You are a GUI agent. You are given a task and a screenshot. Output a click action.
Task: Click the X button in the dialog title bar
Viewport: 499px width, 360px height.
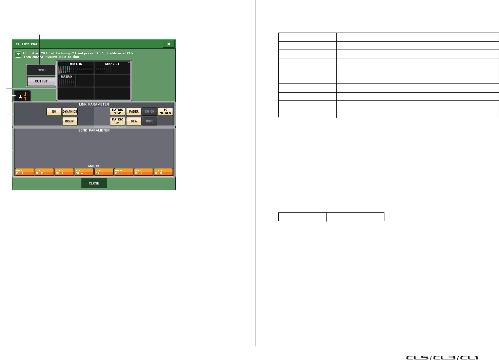(x=168, y=44)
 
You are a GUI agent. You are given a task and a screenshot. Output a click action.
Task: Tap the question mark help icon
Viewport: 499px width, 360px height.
(x=18, y=55)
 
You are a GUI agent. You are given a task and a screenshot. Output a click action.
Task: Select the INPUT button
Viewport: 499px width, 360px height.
(x=41, y=70)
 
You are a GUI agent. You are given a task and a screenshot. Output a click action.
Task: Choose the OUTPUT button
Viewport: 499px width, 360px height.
(x=41, y=81)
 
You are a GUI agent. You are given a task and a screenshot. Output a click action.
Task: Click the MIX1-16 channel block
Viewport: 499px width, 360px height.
(x=76, y=68)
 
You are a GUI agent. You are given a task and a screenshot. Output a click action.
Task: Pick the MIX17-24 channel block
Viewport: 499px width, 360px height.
(x=112, y=68)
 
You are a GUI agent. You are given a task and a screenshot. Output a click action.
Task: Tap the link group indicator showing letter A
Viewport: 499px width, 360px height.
(x=22, y=97)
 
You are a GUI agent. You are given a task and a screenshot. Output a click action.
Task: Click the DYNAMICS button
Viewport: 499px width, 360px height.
(x=70, y=112)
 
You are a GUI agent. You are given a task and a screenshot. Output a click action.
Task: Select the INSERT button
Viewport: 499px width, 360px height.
(x=70, y=121)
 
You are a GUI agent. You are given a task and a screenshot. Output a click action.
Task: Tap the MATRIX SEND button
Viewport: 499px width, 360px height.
(x=118, y=112)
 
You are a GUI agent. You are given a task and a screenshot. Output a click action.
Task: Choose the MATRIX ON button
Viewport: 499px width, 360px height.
(x=118, y=121)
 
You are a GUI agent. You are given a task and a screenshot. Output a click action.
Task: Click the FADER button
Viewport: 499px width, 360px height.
(x=134, y=112)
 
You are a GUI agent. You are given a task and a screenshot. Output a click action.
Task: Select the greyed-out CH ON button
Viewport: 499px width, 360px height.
(x=149, y=112)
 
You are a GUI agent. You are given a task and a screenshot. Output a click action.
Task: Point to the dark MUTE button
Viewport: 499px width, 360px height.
(x=149, y=121)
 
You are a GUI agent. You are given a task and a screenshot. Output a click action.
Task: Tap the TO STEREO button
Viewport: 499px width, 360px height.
(x=165, y=112)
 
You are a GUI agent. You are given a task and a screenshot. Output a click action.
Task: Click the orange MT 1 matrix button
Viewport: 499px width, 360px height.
(x=24, y=172)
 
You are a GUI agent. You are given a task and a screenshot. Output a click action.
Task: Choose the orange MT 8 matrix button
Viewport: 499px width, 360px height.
(x=163, y=172)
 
